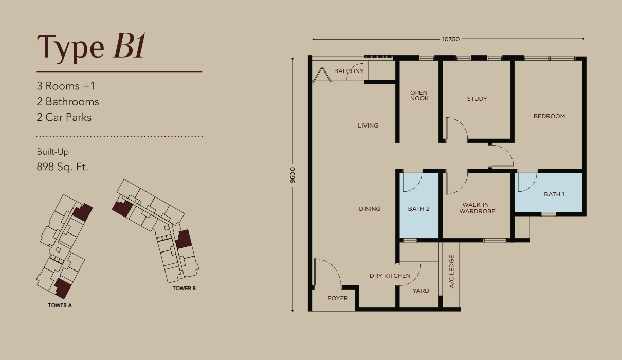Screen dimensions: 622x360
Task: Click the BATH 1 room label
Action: (x=554, y=194)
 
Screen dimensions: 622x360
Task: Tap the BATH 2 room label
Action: (x=419, y=209)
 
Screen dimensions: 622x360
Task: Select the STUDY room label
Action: (x=477, y=99)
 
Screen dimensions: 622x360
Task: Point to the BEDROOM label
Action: (x=549, y=116)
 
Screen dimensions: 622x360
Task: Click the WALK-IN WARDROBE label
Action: (x=477, y=208)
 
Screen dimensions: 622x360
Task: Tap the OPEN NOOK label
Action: (x=419, y=95)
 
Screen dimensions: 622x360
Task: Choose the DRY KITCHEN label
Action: (x=390, y=276)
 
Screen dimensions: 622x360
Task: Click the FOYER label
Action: (x=338, y=298)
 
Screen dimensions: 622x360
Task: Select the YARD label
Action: (x=420, y=291)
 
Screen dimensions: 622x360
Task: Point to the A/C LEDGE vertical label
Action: (x=451, y=272)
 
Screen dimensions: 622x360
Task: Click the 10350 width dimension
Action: (x=451, y=39)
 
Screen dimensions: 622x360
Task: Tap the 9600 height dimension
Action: (x=292, y=175)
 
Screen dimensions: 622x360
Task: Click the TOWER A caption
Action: (x=60, y=305)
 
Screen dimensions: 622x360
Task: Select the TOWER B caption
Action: (x=184, y=289)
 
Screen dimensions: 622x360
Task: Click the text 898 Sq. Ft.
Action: (x=63, y=167)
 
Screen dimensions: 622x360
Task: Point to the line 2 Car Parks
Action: (x=64, y=117)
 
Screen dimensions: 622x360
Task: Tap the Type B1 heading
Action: (x=91, y=47)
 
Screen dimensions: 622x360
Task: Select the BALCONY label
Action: (x=349, y=71)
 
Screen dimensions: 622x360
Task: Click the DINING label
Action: (x=370, y=209)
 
